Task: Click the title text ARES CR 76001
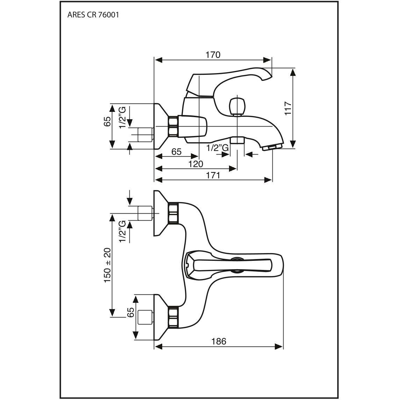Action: click(x=93, y=15)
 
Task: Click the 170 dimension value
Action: click(x=213, y=55)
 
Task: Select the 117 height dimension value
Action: click(x=287, y=108)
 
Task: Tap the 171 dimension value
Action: click(x=213, y=175)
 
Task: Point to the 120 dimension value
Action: click(x=195, y=164)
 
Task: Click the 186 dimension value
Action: click(x=219, y=341)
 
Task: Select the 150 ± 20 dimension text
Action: click(x=107, y=265)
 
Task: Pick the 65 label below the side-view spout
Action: click(x=176, y=152)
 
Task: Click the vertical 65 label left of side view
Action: click(x=107, y=121)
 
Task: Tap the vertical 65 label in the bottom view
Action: click(x=130, y=312)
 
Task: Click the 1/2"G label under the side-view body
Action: click(x=217, y=148)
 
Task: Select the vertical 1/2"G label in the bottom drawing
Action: click(x=122, y=231)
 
